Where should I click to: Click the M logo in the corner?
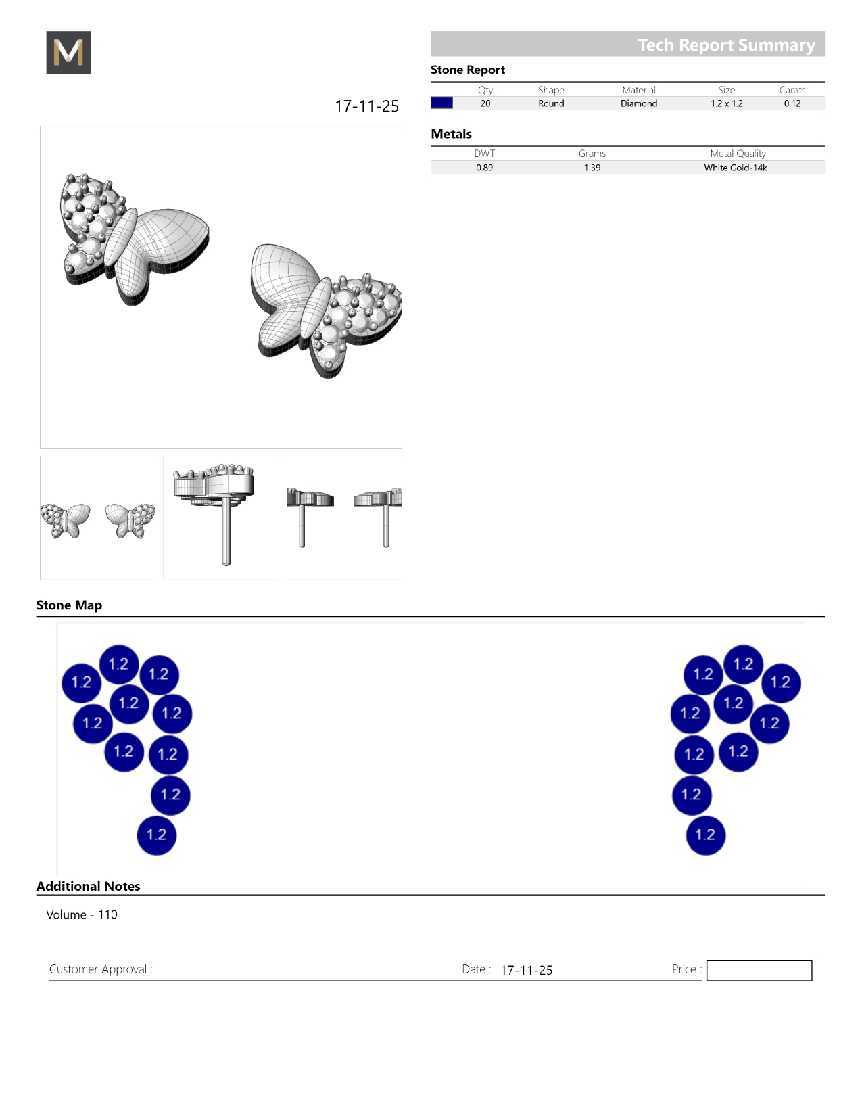(68, 52)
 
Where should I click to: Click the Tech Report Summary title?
(726, 45)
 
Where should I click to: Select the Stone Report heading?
(467, 70)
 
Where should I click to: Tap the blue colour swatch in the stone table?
(441, 103)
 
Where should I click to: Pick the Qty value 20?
(485, 103)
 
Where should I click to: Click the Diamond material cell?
(639, 103)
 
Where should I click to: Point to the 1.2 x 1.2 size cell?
(727, 103)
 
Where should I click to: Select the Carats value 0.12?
(792, 103)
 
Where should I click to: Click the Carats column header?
(792, 90)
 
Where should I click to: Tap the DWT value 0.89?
(484, 168)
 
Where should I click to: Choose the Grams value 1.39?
(592, 168)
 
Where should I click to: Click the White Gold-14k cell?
(735, 168)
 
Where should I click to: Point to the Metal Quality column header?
(738, 154)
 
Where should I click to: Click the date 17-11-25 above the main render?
(366, 106)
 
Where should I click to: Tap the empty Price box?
(759, 970)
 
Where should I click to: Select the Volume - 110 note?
(82, 914)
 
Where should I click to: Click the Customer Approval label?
(101, 969)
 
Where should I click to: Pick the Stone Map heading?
(69, 605)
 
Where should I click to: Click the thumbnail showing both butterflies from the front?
(97, 517)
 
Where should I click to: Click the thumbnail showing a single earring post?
(221, 517)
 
